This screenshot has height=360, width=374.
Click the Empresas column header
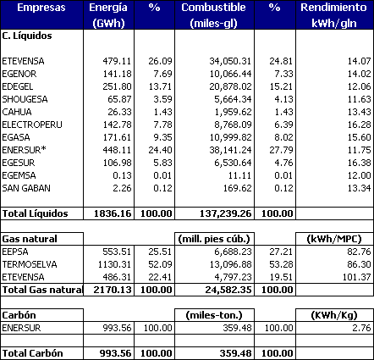[x=41, y=8]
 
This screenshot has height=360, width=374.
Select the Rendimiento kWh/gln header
[x=334, y=15]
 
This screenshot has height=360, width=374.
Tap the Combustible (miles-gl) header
[x=213, y=15]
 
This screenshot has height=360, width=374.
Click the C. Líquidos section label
[x=27, y=36]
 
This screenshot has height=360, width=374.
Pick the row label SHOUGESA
[x=25, y=99]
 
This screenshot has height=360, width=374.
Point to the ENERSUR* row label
[x=24, y=150]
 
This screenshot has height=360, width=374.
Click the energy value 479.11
[x=117, y=61]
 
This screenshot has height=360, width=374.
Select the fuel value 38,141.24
[x=230, y=150]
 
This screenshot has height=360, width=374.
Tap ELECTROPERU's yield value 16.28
[x=359, y=125]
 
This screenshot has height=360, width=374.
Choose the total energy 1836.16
[x=113, y=213]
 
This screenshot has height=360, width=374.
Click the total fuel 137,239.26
[x=225, y=213]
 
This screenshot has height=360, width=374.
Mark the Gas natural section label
[x=30, y=239]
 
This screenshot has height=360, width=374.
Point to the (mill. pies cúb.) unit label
[x=214, y=239]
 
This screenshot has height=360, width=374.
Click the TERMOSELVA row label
[x=30, y=264]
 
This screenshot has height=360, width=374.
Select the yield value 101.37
[x=356, y=277]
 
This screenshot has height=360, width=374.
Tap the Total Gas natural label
[x=42, y=290]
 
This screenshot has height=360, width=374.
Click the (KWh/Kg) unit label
[x=334, y=315]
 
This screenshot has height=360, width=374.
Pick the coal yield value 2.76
[x=361, y=328]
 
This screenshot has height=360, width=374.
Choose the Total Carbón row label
[x=32, y=353]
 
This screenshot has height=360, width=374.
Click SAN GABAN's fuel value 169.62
[x=237, y=188]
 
